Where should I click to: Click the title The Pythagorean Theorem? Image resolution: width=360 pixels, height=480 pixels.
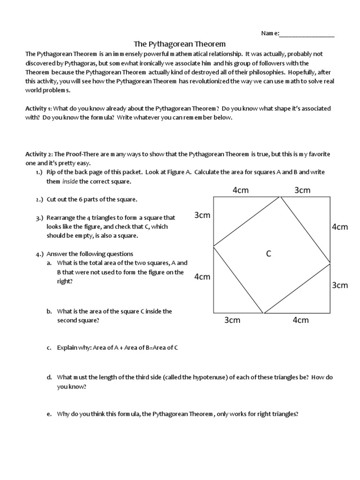(180, 44)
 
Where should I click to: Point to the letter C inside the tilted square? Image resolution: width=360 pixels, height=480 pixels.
(269, 254)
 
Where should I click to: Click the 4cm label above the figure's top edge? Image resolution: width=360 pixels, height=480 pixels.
(241, 190)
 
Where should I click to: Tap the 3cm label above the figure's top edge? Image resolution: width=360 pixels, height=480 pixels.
(302, 190)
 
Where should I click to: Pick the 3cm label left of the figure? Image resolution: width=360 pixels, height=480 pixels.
(202, 215)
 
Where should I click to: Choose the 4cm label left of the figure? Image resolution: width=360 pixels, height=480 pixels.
(202, 277)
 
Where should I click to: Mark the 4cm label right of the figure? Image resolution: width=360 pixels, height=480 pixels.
(340, 227)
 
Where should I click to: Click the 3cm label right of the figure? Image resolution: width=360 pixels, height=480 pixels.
(340, 285)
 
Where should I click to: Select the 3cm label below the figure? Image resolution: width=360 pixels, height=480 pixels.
(232, 320)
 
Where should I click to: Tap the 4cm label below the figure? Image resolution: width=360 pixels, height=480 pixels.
(300, 320)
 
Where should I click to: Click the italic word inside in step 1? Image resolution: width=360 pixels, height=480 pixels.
(70, 181)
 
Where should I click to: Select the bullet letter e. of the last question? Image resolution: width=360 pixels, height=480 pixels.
(49, 414)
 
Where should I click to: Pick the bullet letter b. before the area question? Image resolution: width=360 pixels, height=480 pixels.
(49, 311)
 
